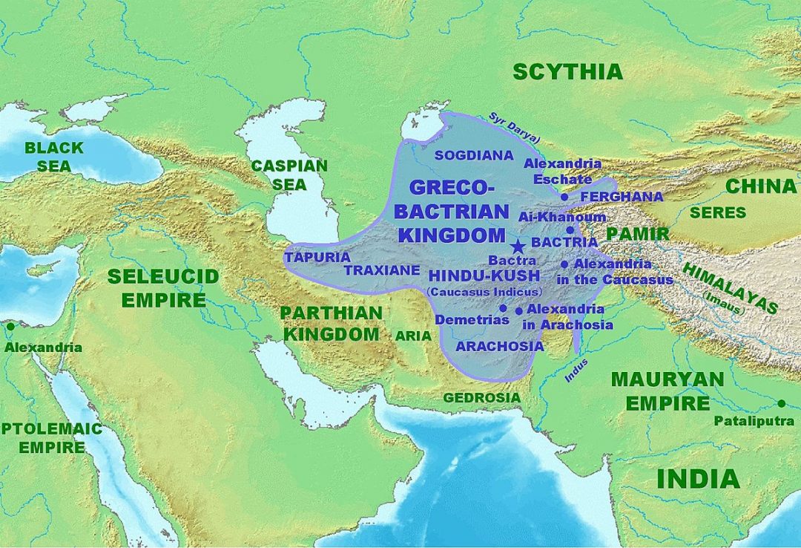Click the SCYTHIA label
pyautogui.click(x=567, y=71)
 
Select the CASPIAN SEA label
pyautogui.click(x=289, y=174)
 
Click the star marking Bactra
pyautogui.click(x=518, y=247)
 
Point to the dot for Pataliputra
pyautogui.click(x=781, y=403)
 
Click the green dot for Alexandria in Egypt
pyautogui.click(x=10, y=326)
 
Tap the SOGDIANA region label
pyautogui.click(x=473, y=155)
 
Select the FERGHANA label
pyautogui.click(x=622, y=197)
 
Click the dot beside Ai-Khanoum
pyautogui.click(x=570, y=230)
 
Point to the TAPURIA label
pyautogui.click(x=317, y=257)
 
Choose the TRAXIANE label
pyautogui.click(x=382, y=270)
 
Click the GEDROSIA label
pyautogui.click(x=481, y=398)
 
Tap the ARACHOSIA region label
pyautogui.click(x=499, y=346)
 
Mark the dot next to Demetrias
pyautogui.click(x=503, y=308)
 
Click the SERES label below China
pyautogui.click(x=717, y=213)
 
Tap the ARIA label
pyautogui.click(x=413, y=336)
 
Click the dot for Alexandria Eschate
pyautogui.click(x=564, y=197)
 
